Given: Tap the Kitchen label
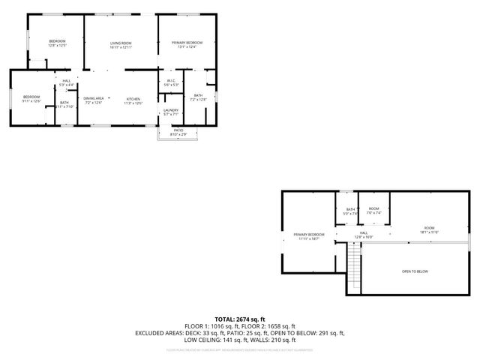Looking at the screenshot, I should tap(133, 100).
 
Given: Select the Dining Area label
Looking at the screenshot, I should tap(93, 100).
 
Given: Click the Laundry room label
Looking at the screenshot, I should tap(170, 112).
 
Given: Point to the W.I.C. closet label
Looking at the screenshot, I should tap(171, 82).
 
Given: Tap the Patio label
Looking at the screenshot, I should tap(178, 132).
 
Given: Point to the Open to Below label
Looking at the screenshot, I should tap(415, 271).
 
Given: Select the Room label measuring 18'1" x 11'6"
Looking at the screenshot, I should tap(429, 229).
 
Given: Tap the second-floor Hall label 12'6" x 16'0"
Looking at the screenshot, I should tap(364, 235).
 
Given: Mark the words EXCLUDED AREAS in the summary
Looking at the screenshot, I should tap(158, 332).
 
